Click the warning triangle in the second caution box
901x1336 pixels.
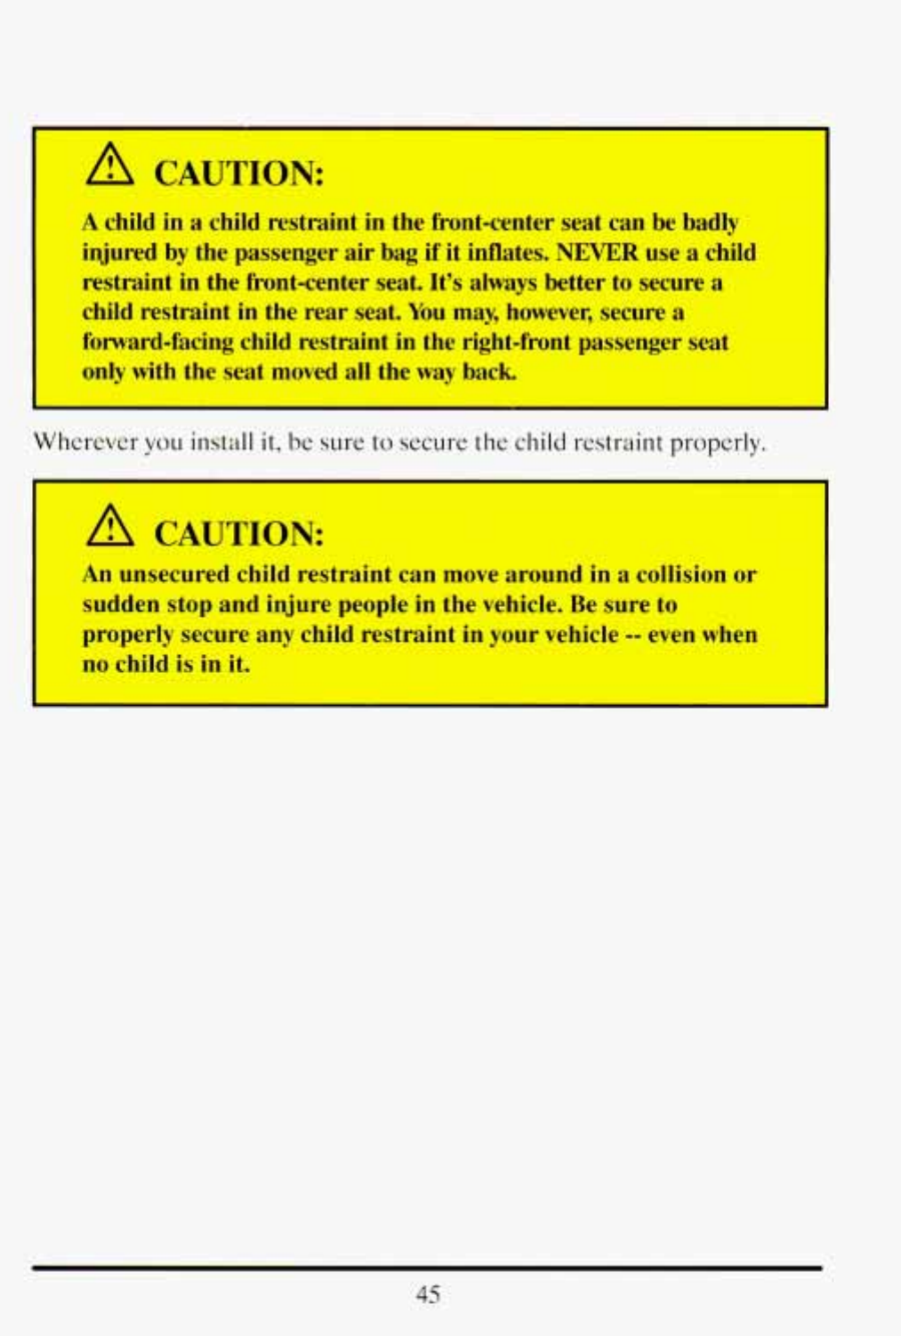pyautogui.click(x=109, y=528)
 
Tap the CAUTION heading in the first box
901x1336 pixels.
pyautogui.click(x=238, y=173)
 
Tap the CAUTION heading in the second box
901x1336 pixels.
pyautogui.click(x=238, y=533)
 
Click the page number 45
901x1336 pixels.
pyautogui.click(x=428, y=1294)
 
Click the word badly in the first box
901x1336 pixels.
pyautogui.click(x=710, y=223)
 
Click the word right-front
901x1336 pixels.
pyautogui.click(x=517, y=343)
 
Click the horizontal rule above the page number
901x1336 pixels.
pyautogui.click(x=427, y=1267)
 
